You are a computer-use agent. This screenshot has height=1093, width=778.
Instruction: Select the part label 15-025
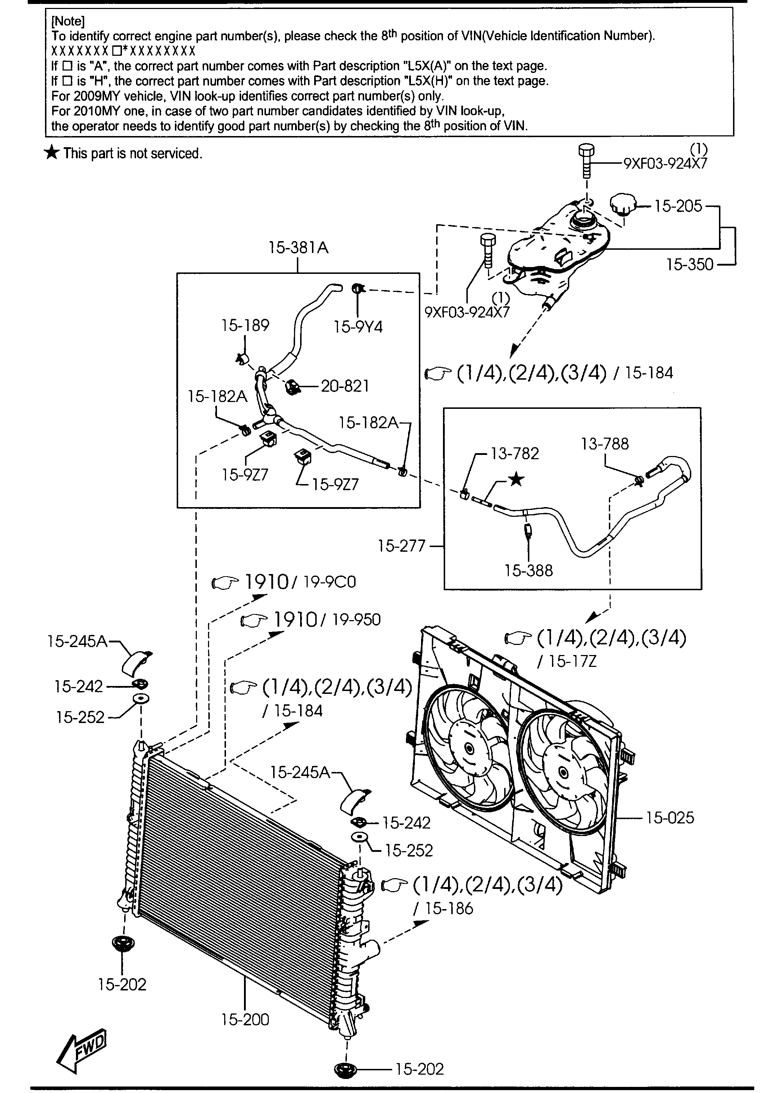tap(670, 817)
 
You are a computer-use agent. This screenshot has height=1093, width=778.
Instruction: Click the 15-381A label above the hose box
tap(298, 247)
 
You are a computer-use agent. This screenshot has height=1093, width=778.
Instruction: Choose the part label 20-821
tap(345, 386)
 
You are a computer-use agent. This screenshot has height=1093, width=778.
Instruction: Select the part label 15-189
tap(245, 325)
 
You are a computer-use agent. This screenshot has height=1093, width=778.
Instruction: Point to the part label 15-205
tap(678, 206)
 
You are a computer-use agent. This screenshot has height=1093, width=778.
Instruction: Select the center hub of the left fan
tap(468, 749)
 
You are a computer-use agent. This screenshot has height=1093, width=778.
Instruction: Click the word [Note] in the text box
tap(68, 21)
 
